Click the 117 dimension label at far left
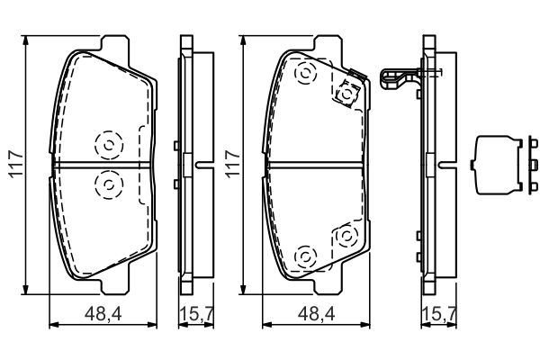click(16, 164)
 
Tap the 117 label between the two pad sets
click(233, 164)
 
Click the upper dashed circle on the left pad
click(109, 145)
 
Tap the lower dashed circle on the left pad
click(109, 184)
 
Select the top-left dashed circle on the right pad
click(305, 74)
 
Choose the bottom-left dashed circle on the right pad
click(305, 257)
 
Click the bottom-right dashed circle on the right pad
click(346, 237)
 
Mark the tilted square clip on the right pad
click(347, 94)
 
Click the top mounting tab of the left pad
click(115, 44)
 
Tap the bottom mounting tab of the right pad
click(328, 286)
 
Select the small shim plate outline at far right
click(496, 165)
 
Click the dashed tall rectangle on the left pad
click(145, 165)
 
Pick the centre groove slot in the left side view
click(204, 165)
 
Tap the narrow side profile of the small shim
click(533, 165)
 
